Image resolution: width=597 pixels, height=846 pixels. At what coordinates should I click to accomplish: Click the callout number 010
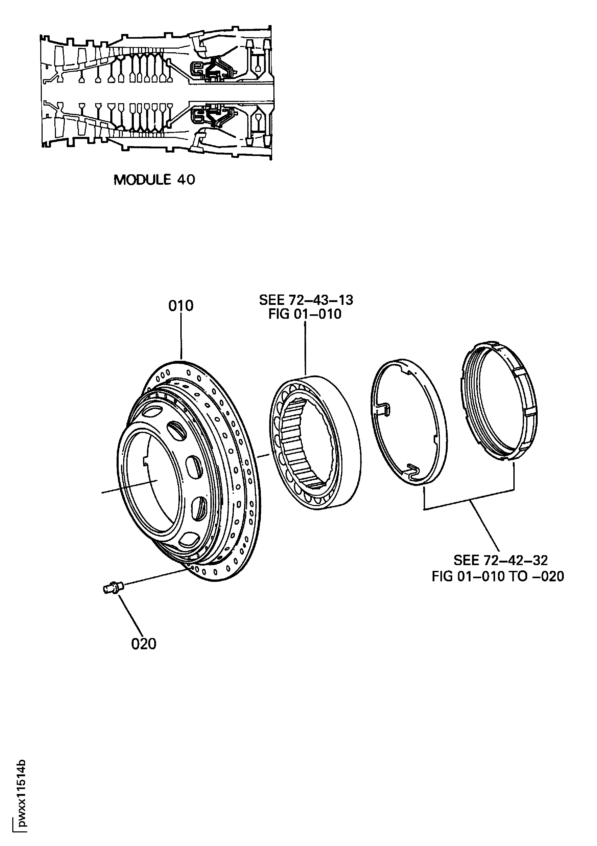coord(181,306)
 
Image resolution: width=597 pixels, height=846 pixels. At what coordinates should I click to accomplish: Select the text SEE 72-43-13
coord(306,300)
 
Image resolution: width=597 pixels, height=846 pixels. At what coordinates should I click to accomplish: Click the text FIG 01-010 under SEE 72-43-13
coord(305,314)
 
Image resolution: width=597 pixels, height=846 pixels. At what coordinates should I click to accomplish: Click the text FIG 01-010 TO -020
coord(498,576)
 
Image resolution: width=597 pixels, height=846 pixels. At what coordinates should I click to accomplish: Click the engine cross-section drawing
coord(157,92)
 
